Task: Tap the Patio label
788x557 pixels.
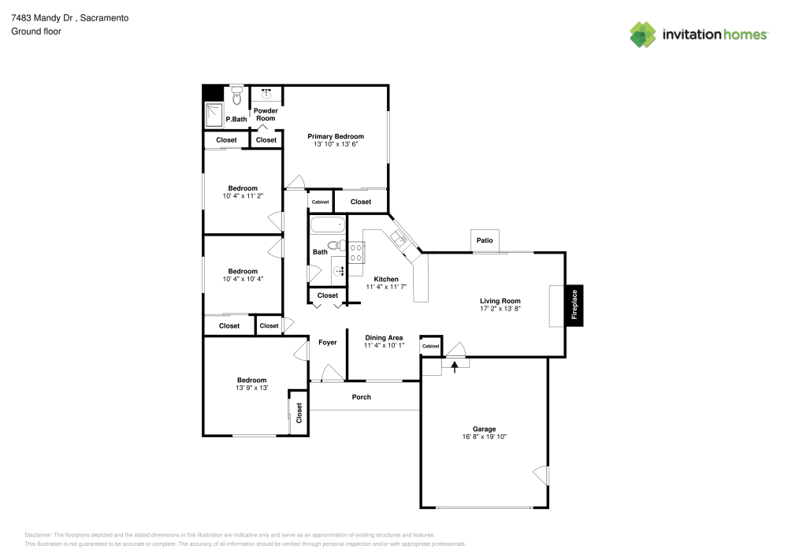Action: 485,240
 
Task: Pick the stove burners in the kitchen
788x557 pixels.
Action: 356,252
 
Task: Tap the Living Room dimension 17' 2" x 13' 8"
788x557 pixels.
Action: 500,309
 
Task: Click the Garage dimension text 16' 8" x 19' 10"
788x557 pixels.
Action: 485,437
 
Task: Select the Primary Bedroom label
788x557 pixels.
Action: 336,136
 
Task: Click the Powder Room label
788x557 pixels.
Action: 266,114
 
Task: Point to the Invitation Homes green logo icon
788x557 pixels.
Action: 642,34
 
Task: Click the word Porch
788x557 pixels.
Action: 361,397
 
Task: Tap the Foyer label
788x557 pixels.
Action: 327,343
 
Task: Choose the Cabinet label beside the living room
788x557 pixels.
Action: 430,347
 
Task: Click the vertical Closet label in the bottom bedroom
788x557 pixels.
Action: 299,413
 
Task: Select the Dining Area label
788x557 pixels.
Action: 384,337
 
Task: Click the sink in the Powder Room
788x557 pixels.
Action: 266,94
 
